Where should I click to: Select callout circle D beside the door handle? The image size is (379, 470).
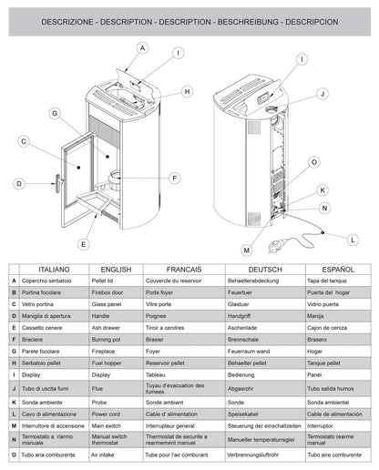tap(18, 183)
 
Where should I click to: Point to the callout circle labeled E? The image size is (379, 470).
tap(83, 243)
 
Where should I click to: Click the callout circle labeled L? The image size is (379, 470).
tap(353, 240)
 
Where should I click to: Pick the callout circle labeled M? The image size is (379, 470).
tap(246, 249)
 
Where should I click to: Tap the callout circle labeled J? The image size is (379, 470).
tap(322, 94)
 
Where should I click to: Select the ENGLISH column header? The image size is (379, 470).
tap(116, 270)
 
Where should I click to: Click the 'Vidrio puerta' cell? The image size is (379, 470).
tap(330, 303)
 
